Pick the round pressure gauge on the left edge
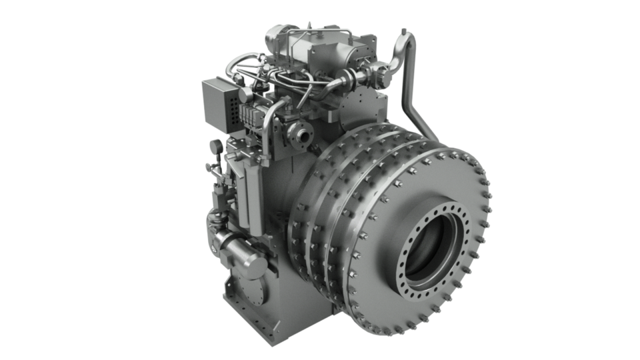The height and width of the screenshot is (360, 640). [215, 145]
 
